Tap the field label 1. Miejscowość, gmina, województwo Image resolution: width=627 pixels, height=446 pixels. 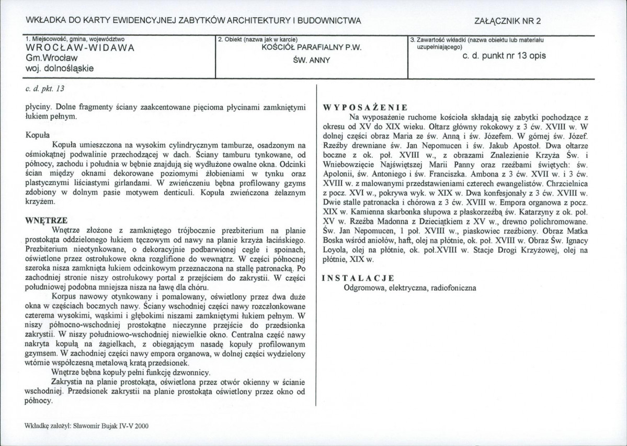[75, 39]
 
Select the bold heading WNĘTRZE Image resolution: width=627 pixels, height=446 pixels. [46, 220]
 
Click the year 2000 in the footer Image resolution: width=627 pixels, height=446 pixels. [141, 426]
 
